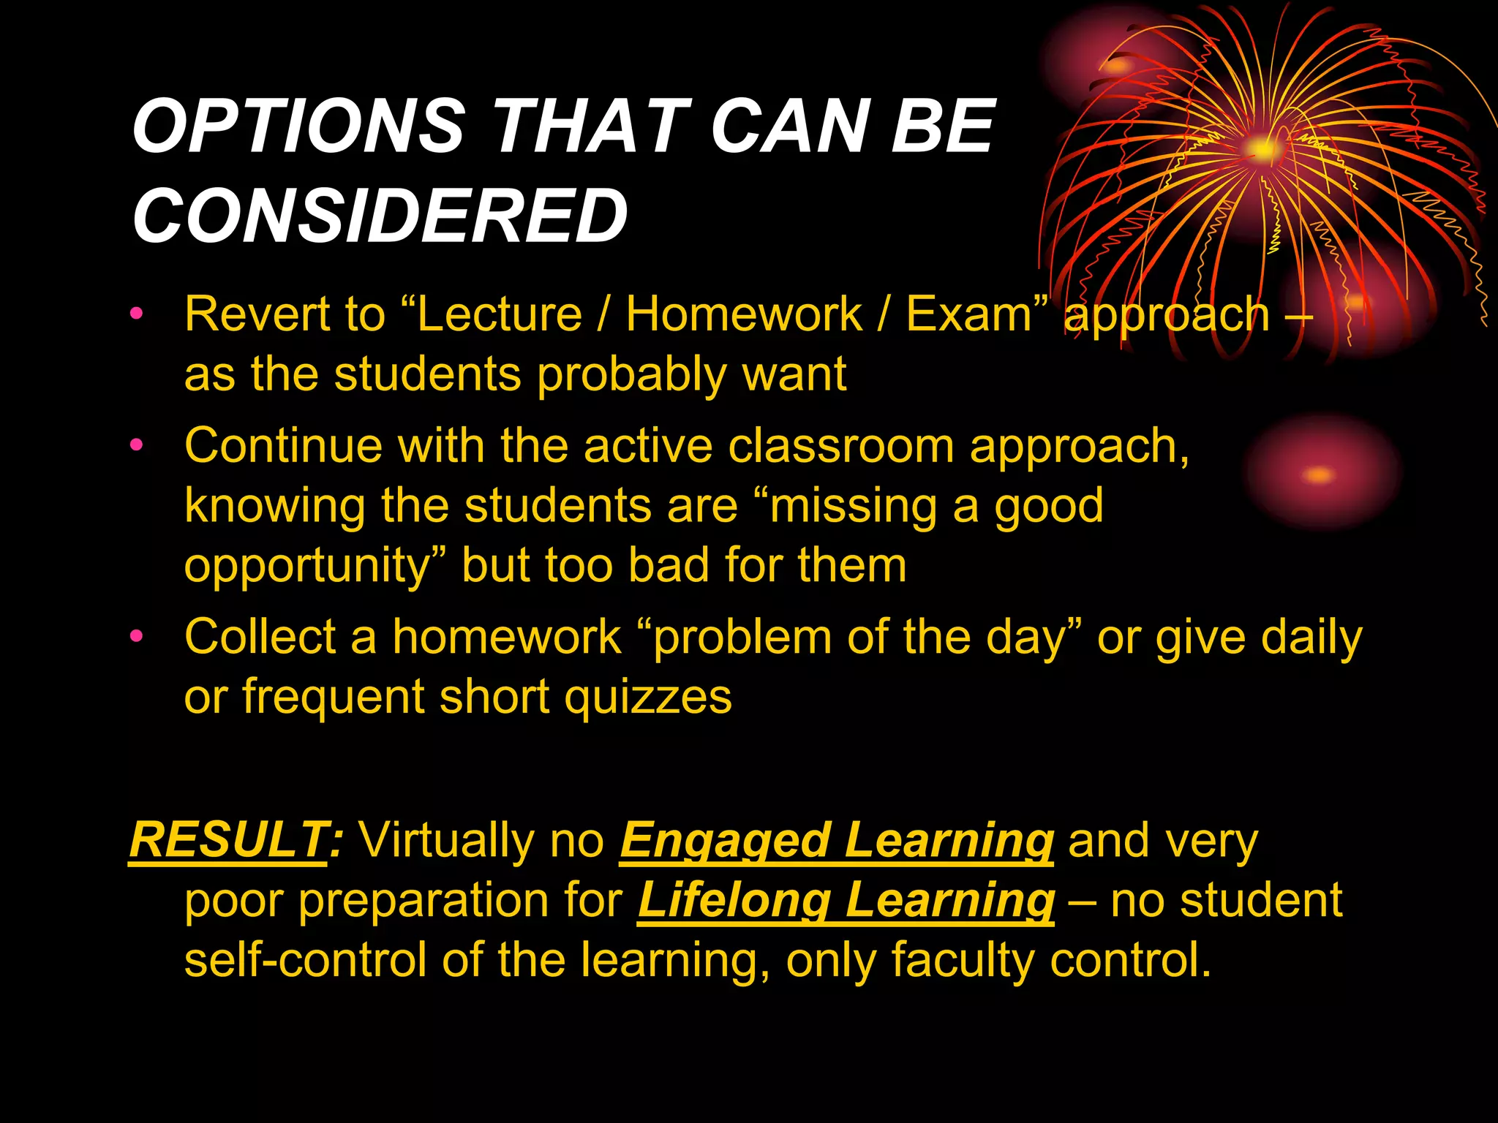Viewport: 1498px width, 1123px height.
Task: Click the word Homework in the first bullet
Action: [744, 314]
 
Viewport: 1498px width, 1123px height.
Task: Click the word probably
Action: [631, 375]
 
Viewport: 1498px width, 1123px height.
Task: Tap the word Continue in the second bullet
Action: [283, 445]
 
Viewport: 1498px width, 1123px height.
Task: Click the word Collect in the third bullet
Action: [260, 636]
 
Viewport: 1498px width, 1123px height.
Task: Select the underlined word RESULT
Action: [228, 840]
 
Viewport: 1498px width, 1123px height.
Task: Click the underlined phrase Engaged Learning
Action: [836, 840]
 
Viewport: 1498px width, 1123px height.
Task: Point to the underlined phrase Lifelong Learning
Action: [846, 900]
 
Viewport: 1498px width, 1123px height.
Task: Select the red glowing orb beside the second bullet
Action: [1320, 474]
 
